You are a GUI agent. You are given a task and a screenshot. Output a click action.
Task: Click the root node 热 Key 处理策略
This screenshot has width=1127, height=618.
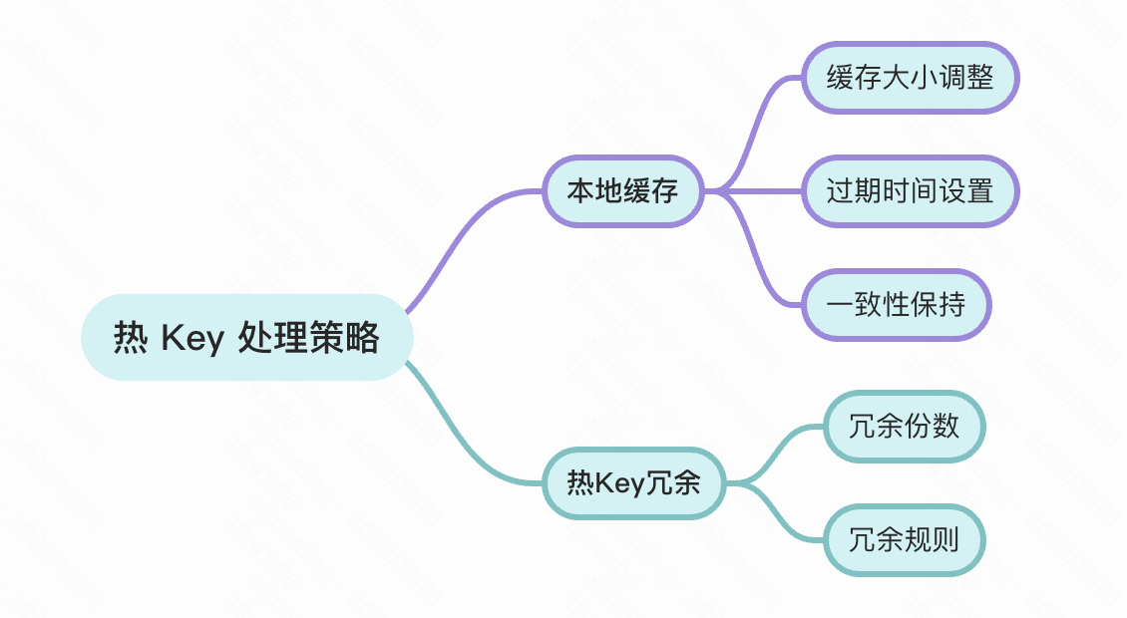coord(246,338)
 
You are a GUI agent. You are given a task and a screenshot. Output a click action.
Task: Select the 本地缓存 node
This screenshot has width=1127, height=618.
coord(623,190)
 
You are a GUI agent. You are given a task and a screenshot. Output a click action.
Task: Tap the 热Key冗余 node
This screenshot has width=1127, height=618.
coord(634,484)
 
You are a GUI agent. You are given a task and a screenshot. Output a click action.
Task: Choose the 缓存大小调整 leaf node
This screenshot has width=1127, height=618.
coord(910,78)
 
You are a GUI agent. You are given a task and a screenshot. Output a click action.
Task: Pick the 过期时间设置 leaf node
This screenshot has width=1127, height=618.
coord(910,190)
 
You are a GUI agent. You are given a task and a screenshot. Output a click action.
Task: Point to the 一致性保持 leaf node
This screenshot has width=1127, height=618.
coord(897,304)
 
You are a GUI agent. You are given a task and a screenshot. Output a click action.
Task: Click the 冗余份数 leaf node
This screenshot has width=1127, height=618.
coord(904,427)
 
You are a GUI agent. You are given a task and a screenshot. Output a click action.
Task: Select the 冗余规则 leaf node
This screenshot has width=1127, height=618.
coord(904,540)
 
